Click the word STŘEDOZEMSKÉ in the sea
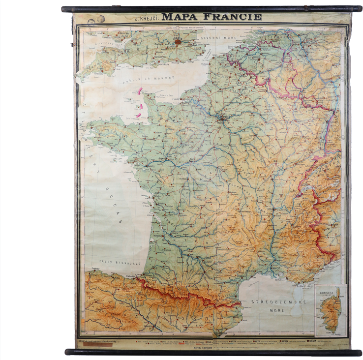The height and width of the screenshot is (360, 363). coord(277,300)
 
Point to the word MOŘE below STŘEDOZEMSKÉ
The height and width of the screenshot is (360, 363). coord(276,311)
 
